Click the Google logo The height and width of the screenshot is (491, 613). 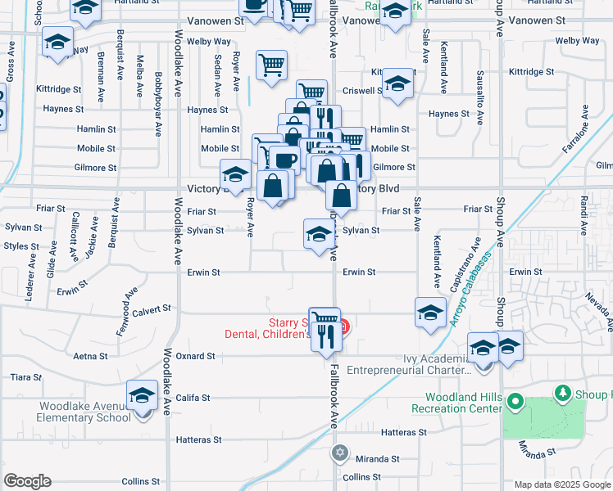coord(27,481)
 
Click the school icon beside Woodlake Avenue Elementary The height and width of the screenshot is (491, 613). coord(142,396)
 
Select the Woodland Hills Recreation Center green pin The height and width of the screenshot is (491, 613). coord(515,401)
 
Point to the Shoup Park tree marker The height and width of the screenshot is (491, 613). coord(562,394)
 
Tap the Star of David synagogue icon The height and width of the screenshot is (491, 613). coord(340,452)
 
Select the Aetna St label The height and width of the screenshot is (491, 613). coord(90,356)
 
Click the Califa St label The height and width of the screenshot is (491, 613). coord(194,398)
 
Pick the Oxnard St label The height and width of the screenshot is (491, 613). coord(197,356)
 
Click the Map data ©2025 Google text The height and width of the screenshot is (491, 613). coord(561,484)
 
